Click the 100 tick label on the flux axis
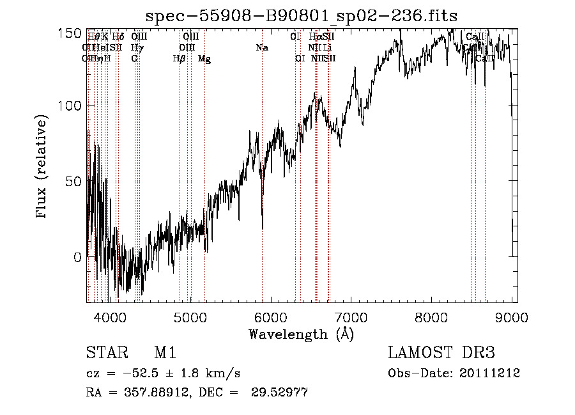[70, 106]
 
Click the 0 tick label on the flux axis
[77, 257]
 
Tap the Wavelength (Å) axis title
[301, 333]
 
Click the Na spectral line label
[261, 47]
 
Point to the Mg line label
[204, 59]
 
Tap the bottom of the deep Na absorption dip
[263, 227]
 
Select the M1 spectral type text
[164, 353]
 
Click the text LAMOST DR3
[441, 353]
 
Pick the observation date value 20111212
[488, 373]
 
